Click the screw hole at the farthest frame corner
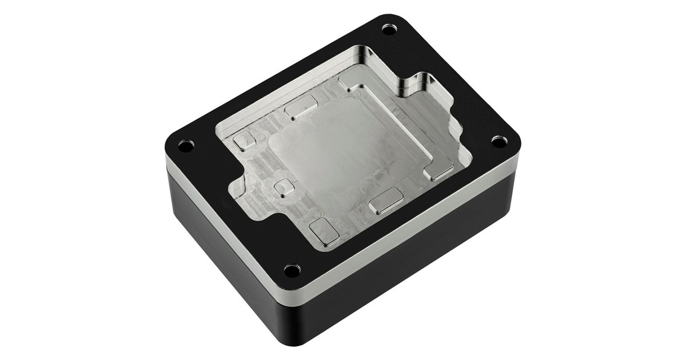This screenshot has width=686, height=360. click(x=389, y=28)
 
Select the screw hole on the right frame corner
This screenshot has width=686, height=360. click(x=498, y=141)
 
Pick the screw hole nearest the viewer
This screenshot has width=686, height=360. click(x=292, y=269)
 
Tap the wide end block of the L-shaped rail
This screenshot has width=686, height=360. click(x=440, y=170)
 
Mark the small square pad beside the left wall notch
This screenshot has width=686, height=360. click(x=282, y=188)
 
